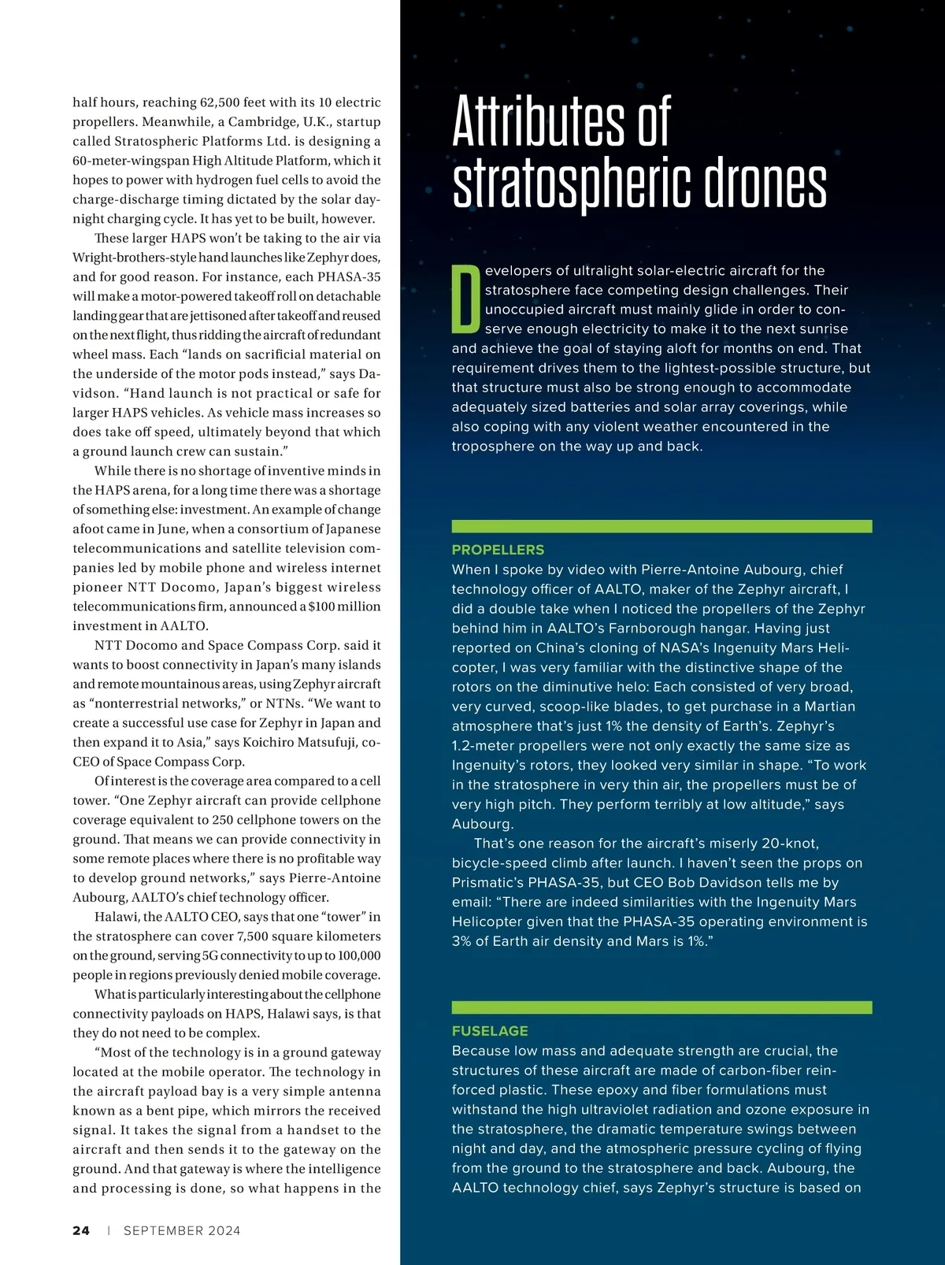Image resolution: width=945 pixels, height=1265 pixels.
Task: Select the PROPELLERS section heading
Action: click(498, 550)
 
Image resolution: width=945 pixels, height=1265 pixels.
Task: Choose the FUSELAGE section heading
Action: click(490, 1031)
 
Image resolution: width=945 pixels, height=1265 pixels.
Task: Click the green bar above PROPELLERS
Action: click(661, 526)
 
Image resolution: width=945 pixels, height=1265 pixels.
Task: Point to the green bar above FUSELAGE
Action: click(661, 1007)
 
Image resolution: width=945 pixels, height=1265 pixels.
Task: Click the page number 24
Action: click(81, 1230)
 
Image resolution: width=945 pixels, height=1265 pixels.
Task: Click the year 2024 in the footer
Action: click(224, 1230)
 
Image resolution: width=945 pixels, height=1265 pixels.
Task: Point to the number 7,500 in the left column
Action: click(258, 937)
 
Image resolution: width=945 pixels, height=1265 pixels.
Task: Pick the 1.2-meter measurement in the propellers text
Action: click(492, 746)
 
